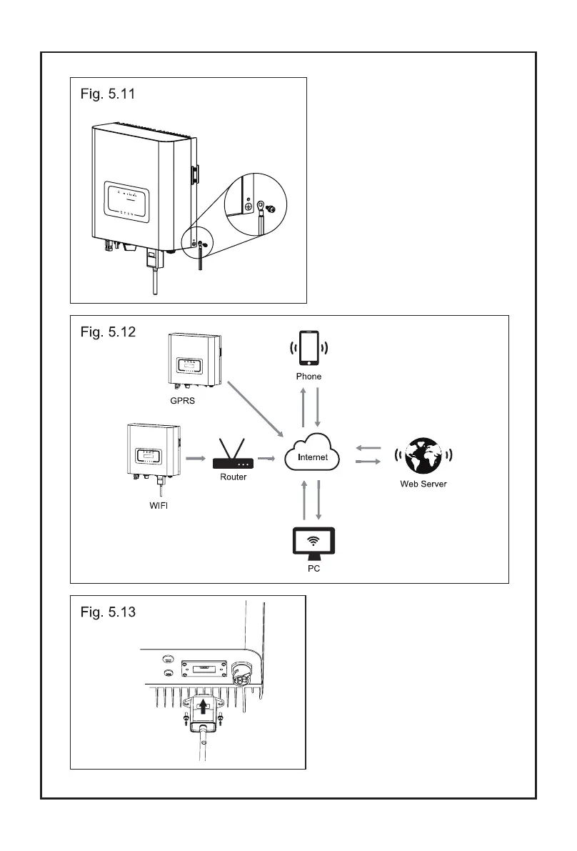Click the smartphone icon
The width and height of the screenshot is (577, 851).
coord(309,347)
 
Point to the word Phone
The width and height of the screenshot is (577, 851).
coord(309,376)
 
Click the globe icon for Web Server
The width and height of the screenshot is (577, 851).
coord(423,456)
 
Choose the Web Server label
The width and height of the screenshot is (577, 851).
coord(423,484)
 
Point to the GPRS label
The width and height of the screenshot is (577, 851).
coord(182,402)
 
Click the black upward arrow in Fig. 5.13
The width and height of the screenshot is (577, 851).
coord(205,707)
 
